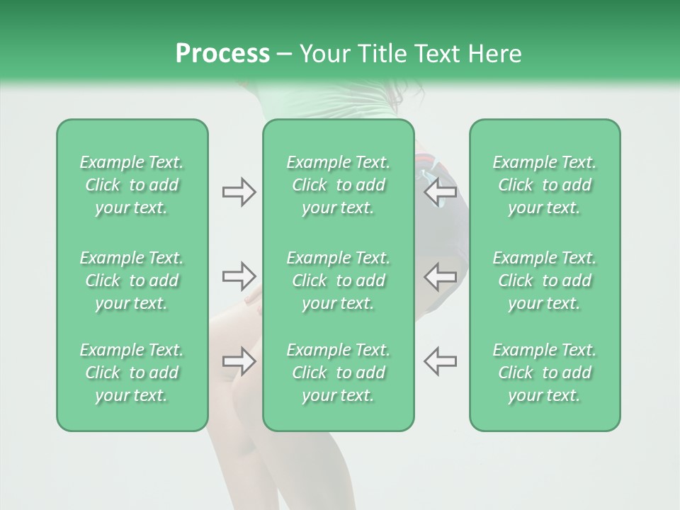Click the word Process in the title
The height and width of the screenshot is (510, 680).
(x=222, y=54)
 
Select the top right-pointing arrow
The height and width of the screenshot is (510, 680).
(x=239, y=192)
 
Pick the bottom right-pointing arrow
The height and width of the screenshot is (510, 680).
(x=239, y=361)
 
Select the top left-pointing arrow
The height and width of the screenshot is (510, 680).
(x=441, y=192)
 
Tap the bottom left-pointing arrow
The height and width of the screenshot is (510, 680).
(x=441, y=361)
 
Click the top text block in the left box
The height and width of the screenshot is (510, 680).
(x=132, y=185)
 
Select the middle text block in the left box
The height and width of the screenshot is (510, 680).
(x=132, y=280)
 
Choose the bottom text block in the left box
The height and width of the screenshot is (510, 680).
(x=132, y=373)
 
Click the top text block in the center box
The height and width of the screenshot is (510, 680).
(x=338, y=185)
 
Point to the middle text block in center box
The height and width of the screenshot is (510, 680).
(x=338, y=280)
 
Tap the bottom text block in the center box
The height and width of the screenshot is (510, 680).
(x=338, y=373)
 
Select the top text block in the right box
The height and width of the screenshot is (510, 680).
(x=544, y=185)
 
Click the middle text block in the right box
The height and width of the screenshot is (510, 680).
(x=544, y=280)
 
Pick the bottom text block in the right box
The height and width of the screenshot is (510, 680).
(x=544, y=373)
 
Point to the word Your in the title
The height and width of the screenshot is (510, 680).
(x=323, y=54)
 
